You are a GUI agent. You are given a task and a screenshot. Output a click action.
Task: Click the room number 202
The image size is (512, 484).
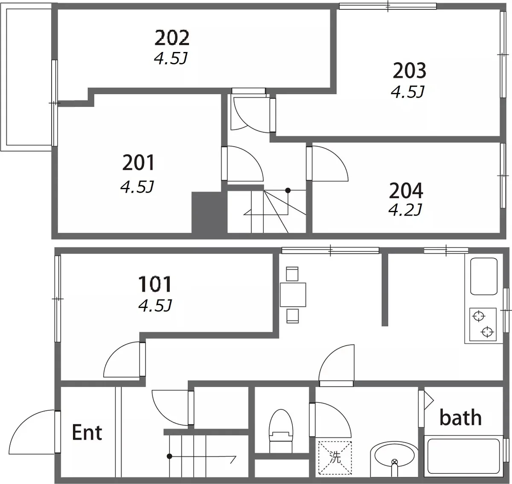click(172, 38)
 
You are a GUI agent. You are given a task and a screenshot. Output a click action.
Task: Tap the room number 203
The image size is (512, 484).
click(410, 70)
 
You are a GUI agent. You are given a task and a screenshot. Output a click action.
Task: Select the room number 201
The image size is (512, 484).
click(138, 163)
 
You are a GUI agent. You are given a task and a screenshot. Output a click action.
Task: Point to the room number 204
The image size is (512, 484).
click(406, 190)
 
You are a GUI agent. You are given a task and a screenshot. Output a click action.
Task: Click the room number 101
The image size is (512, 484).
click(155, 284)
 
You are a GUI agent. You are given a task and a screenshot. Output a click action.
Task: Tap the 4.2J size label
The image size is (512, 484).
click(405, 210)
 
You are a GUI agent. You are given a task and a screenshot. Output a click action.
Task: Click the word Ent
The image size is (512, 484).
click(87, 432)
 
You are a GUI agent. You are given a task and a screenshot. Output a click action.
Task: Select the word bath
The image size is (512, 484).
click(460, 417)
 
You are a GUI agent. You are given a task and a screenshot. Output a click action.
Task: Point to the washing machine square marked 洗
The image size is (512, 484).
click(335, 458)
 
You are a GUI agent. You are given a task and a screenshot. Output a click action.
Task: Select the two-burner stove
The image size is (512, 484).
click(483, 324)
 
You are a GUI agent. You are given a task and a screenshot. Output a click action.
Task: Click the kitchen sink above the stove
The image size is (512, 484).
click(484, 276)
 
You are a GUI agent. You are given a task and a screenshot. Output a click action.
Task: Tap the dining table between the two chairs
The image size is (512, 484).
click(293, 295)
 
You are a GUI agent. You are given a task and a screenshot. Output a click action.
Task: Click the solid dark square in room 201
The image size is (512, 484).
click(207, 212)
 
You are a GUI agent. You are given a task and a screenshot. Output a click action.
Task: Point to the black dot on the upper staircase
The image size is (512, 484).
click(288, 190)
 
